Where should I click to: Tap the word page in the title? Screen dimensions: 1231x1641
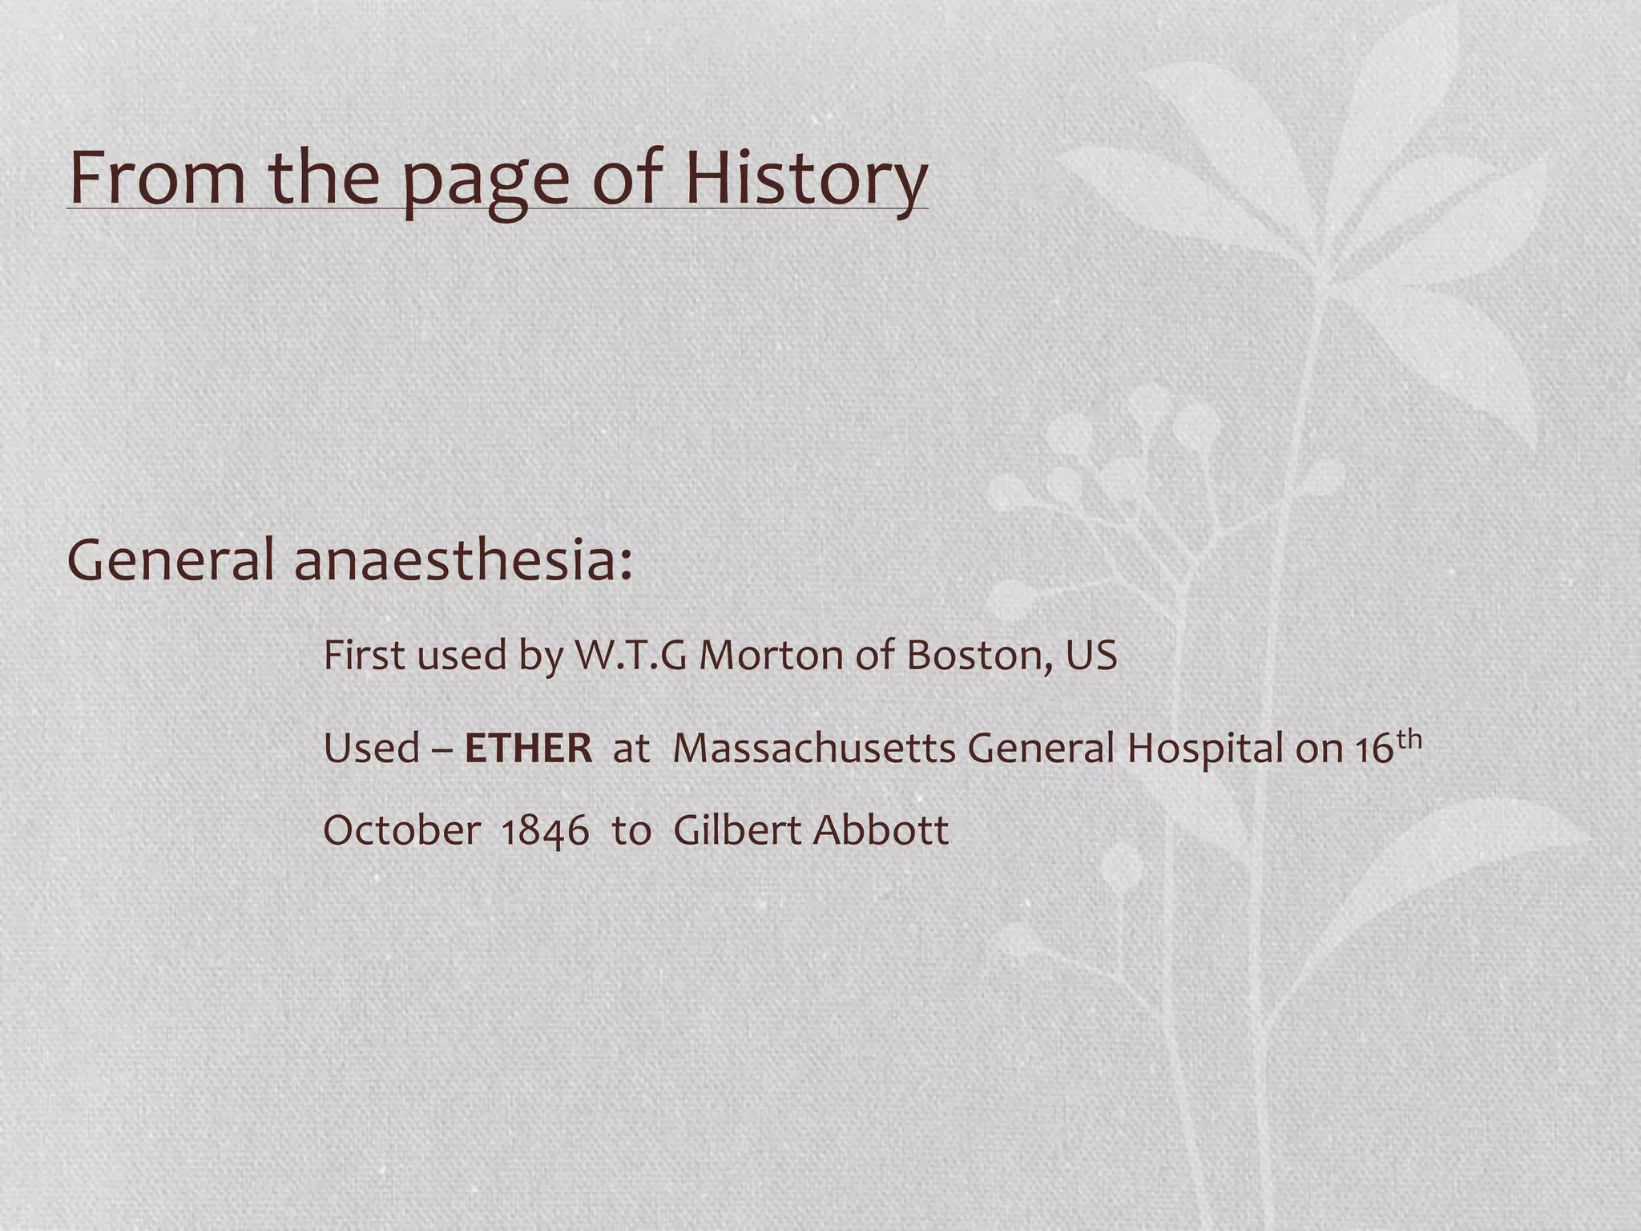coord(488,183)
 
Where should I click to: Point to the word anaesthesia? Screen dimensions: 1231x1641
coord(463,560)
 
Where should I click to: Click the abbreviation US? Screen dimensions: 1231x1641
coord(1091,656)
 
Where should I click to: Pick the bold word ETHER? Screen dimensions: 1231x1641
coord(528,749)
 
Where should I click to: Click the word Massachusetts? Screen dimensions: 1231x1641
coord(814,749)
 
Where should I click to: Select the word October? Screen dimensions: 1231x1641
coord(401,830)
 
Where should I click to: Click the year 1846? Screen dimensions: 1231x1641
coord(545,832)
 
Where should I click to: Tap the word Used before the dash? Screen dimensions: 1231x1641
coord(371,749)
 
